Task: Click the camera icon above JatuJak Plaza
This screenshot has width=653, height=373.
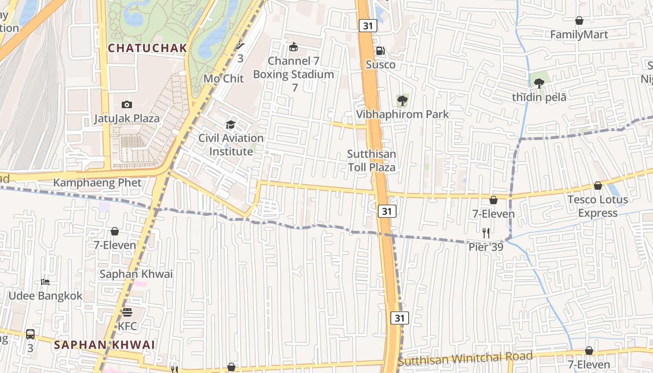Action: point(126,104)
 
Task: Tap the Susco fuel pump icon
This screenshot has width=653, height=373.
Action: point(380,51)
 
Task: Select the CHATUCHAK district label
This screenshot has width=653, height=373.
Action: point(147,48)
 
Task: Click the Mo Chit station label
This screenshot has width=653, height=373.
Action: point(224,78)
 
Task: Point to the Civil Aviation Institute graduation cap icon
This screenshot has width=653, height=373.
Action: point(230,124)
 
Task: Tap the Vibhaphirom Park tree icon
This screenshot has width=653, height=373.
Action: point(402,100)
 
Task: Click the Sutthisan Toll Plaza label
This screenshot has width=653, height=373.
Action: point(372,160)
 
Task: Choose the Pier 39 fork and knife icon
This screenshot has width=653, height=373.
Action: point(486,233)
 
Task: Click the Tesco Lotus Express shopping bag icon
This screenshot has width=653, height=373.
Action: point(597,186)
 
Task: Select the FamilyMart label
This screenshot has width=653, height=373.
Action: point(579,35)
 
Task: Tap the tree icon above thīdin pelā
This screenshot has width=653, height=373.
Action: point(539,83)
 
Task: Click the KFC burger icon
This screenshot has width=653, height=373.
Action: point(127,312)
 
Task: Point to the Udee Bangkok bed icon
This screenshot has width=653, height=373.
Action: point(45,282)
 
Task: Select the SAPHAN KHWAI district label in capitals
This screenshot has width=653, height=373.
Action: point(104,345)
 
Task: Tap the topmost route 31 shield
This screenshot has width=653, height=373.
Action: point(368,26)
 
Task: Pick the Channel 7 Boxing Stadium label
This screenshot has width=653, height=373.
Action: point(293,68)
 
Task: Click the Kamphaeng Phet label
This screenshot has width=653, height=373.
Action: point(97,182)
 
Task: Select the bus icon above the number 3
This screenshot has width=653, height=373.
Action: point(30,334)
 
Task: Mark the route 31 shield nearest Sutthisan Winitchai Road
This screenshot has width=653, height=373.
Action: point(400,318)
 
